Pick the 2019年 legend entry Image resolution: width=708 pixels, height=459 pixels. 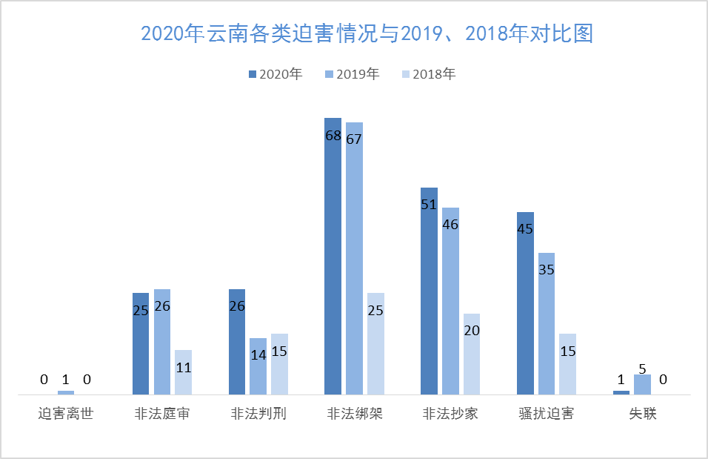pos(353,74)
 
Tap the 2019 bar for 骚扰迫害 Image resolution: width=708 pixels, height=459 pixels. pos(547,323)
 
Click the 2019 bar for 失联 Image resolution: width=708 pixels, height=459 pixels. pos(642,384)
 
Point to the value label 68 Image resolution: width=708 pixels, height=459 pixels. pos(333,136)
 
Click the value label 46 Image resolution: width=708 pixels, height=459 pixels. pos(450,223)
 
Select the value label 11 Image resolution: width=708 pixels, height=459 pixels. pos(184,367)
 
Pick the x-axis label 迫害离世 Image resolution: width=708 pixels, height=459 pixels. pos(66,414)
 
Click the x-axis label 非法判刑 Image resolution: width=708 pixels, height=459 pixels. pos(258,414)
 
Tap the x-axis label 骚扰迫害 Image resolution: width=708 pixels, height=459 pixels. pos(547,414)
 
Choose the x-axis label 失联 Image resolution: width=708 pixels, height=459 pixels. pos(642,414)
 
